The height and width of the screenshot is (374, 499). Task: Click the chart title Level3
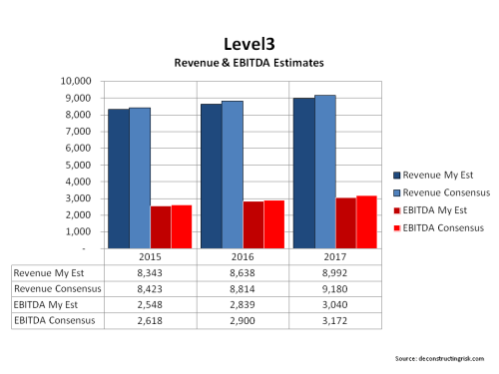[249, 45]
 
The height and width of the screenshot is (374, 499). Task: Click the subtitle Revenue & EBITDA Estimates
[249, 63]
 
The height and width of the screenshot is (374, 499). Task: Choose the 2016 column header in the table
[243, 255]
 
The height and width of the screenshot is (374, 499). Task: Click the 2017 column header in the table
[334, 255]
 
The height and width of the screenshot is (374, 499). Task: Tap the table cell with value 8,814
[243, 288]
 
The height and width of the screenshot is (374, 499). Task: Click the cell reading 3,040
[334, 305]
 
